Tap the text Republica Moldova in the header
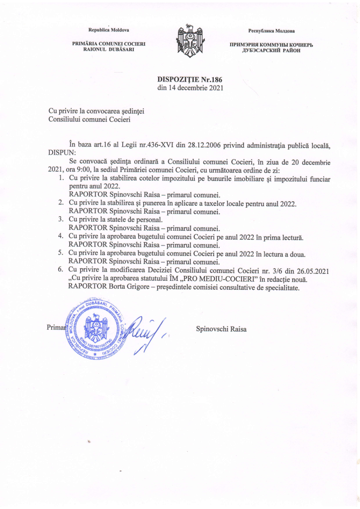point(108,31)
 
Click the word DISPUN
point(62,153)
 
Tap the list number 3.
point(60,220)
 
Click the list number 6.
point(60,270)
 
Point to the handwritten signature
point(144,331)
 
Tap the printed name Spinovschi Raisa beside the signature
point(221,329)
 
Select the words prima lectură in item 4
point(277,237)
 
